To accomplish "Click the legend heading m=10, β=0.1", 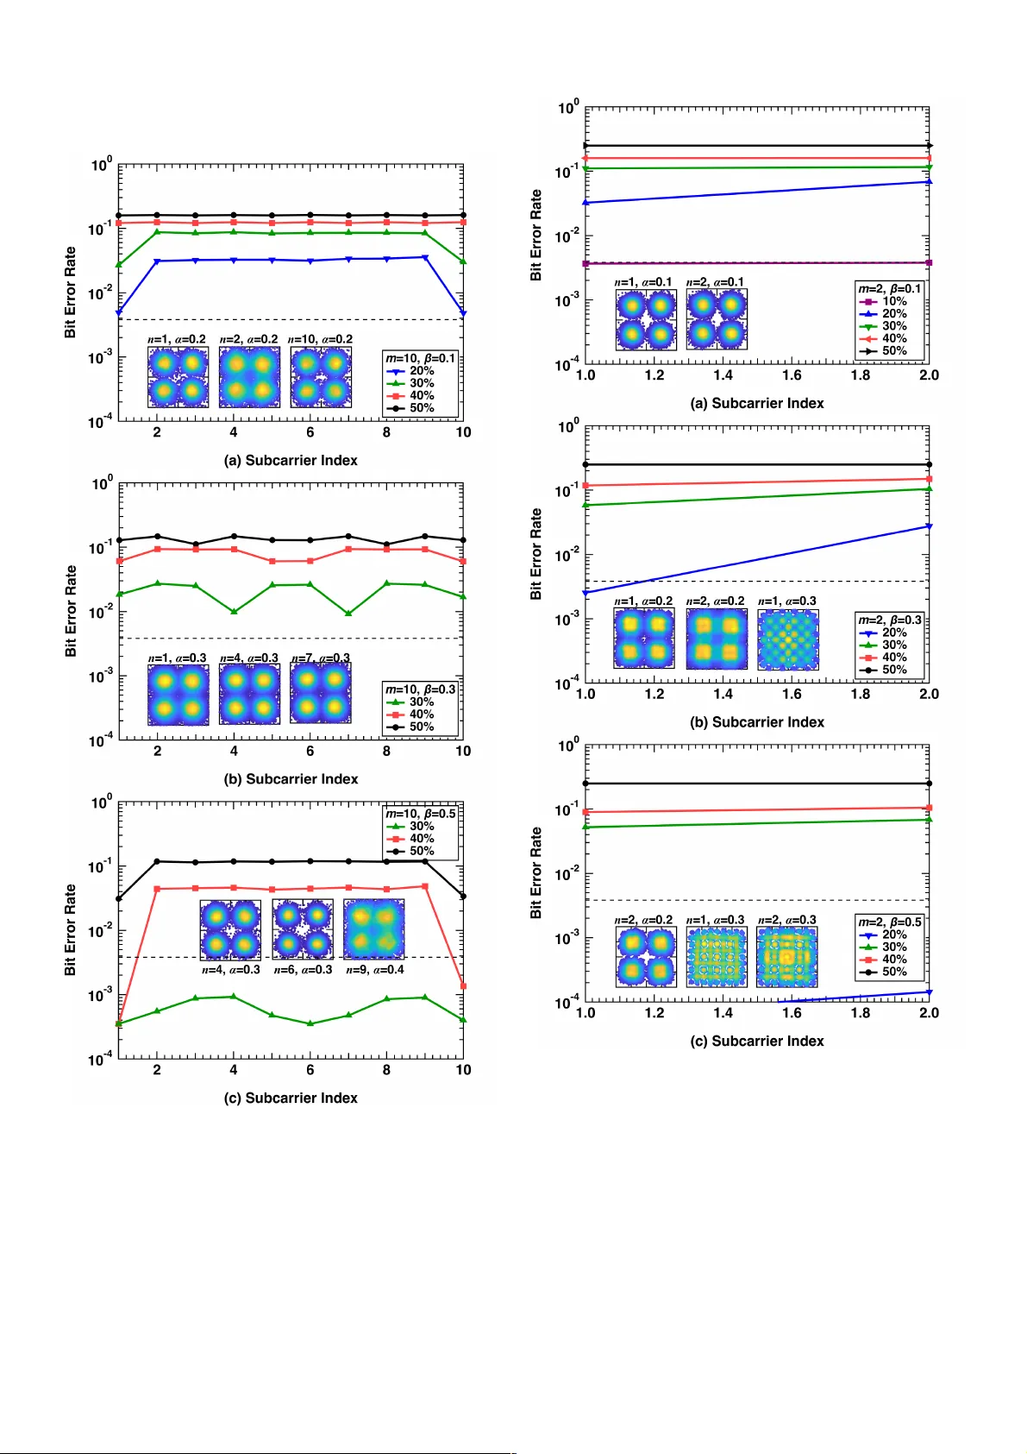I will tap(420, 358).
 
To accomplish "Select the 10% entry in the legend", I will tap(894, 301).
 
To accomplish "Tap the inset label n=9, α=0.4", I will tap(375, 970).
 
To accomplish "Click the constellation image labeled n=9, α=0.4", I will tap(374, 929).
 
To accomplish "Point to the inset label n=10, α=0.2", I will tap(320, 339).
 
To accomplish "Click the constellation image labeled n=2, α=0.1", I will tap(717, 319).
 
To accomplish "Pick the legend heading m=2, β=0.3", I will tap(890, 620).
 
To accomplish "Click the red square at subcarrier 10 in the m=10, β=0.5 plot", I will tap(463, 985).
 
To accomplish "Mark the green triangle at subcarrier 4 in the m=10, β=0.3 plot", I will tap(234, 611).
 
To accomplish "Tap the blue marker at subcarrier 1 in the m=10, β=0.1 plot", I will tap(119, 312).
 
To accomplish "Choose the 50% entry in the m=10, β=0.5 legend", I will tap(422, 851).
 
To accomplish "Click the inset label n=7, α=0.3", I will tap(321, 658).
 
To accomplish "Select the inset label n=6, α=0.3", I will tap(303, 970).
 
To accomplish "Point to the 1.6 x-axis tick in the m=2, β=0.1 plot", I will tap(792, 375).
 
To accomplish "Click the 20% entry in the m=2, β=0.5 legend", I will tap(894, 935).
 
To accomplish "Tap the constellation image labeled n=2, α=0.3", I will tap(786, 957).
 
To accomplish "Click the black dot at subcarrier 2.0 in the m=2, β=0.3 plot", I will tap(929, 464).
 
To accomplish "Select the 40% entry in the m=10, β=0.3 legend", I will tap(422, 714).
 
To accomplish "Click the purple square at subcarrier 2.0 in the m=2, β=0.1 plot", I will tap(929, 262).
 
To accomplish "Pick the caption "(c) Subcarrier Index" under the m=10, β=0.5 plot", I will tap(291, 1098).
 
